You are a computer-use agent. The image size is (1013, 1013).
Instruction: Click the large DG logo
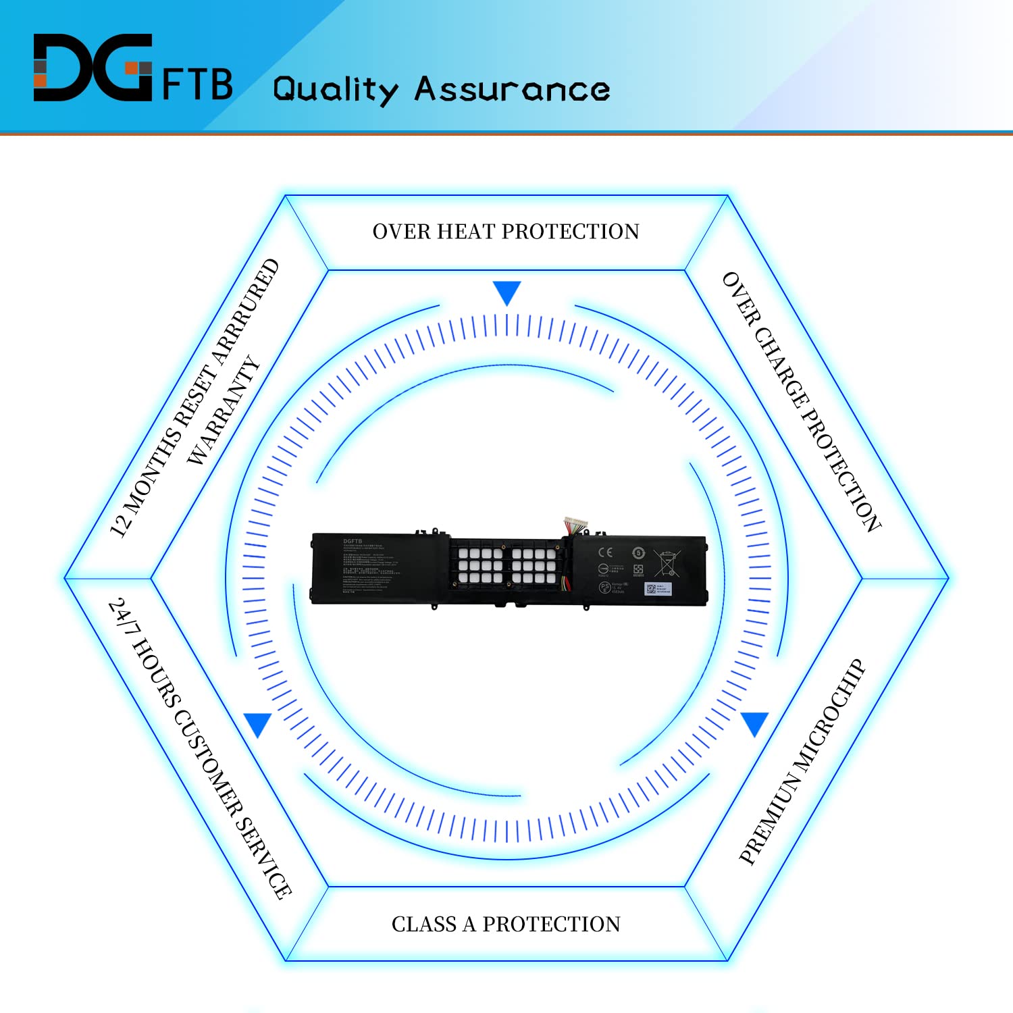click(x=93, y=68)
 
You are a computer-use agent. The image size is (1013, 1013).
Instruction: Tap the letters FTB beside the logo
click(x=197, y=84)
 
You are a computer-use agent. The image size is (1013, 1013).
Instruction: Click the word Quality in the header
click(x=335, y=90)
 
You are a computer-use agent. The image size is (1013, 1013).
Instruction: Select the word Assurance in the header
click(x=512, y=90)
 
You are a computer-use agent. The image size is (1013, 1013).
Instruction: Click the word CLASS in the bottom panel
click(x=424, y=924)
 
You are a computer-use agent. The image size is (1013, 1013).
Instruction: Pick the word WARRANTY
click(x=223, y=411)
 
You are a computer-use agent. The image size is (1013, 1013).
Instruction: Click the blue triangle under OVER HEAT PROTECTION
click(x=506, y=292)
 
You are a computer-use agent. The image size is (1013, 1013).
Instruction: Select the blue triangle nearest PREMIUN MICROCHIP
click(x=754, y=723)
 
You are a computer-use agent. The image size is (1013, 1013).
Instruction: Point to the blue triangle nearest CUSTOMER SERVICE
click(x=258, y=723)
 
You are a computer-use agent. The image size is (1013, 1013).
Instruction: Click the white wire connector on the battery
click(x=576, y=524)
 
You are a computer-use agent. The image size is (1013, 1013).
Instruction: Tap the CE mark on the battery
click(x=605, y=552)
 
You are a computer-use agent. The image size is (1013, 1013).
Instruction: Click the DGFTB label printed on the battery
click(x=353, y=541)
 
